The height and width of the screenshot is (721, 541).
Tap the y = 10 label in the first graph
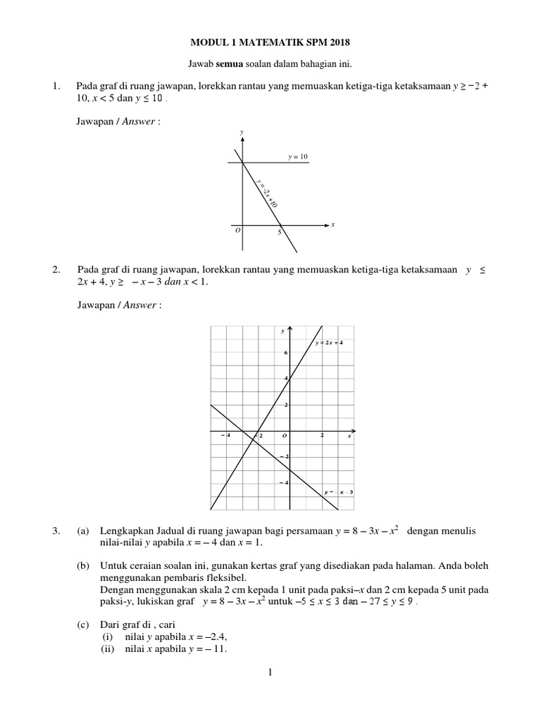(298, 157)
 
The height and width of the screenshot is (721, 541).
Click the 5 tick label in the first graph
(279, 232)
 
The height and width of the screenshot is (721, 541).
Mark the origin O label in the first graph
(237, 230)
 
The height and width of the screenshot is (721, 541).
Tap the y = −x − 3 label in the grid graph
(338, 491)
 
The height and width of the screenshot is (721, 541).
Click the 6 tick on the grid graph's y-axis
(285, 353)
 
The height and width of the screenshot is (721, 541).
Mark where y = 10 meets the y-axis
(242, 163)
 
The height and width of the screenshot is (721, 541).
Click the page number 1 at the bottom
(270, 674)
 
